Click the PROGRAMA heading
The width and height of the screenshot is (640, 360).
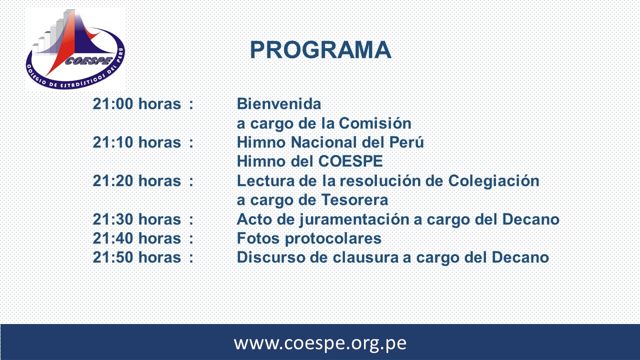click(320, 50)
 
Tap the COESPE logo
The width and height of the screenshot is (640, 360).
click(75, 49)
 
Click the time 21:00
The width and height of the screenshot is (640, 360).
click(113, 103)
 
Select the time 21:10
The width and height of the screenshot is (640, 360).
click(113, 142)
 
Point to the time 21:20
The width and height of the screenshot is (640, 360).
click(113, 181)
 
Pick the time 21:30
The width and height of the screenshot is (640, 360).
click(113, 219)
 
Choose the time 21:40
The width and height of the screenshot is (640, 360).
click(113, 238)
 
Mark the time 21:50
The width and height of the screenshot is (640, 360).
click(113, 257)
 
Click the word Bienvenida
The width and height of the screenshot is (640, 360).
click(279, 103)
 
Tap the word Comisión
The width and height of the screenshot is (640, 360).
click(375, 123)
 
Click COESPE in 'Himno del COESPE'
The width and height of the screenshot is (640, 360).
click(350, 161)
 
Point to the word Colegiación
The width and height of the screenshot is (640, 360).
click(493, 181)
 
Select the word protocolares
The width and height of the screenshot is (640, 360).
click(333, 239)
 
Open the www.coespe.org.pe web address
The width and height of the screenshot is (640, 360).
click(320, 343)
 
